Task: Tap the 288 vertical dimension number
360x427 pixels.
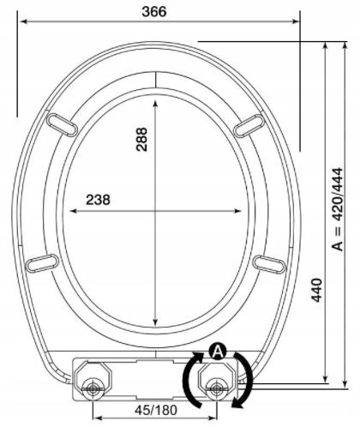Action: point(142,139)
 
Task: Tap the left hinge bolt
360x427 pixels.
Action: point(93,388)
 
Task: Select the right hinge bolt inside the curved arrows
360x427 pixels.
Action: point(215,388)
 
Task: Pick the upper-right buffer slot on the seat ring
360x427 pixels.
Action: point(249,124)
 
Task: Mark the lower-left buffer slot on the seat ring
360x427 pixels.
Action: point(42,262)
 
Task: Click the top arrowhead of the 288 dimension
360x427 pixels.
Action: point(155,98)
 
